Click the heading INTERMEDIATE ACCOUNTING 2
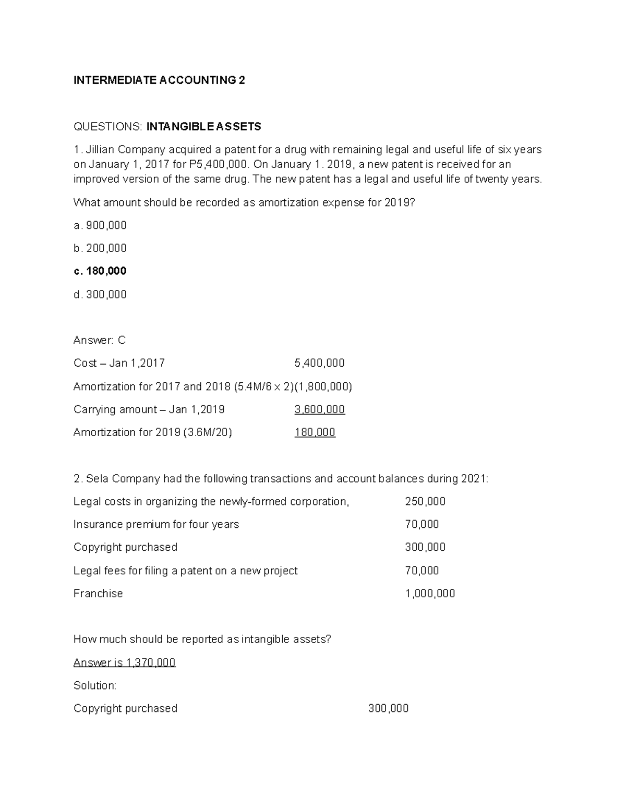(159, 80)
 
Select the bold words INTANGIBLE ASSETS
(203, 127)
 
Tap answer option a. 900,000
(100, 225)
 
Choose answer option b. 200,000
(100, 248)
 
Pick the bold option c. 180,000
(100, 271)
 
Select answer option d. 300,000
(100, 295)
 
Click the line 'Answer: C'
(100, 341)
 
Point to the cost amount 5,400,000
(319, 363)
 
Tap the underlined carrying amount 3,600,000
(319, 409)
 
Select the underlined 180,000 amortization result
(315, 432)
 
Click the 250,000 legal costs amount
(425, 502)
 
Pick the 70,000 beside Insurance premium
(422, 525)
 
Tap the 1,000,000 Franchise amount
(430, 594)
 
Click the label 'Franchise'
(98, 594)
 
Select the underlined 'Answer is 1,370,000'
(124, 663)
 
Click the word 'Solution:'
(95, 686)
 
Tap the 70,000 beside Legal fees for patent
(422, 571)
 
